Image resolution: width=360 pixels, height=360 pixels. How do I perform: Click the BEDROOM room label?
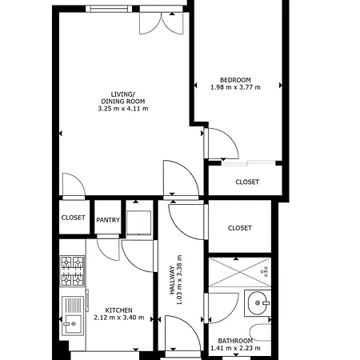point(235,79)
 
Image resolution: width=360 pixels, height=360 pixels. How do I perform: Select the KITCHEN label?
point(118,310)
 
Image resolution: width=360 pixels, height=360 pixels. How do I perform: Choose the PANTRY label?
point(107,220)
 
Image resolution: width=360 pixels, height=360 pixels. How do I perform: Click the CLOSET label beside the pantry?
point(73,218)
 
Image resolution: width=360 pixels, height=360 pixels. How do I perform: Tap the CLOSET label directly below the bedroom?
point(247,182)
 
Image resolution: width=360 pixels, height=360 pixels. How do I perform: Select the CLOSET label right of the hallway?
point(239,228)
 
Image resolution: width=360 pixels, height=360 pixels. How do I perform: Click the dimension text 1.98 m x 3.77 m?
point(235,87)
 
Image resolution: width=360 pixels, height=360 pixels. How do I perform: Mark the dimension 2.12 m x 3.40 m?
point(118,318)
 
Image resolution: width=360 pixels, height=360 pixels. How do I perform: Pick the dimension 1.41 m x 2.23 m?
point(235,348)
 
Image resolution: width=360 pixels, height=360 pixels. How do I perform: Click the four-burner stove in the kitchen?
point(73,271)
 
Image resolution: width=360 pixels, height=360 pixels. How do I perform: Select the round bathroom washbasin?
point(256,302)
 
